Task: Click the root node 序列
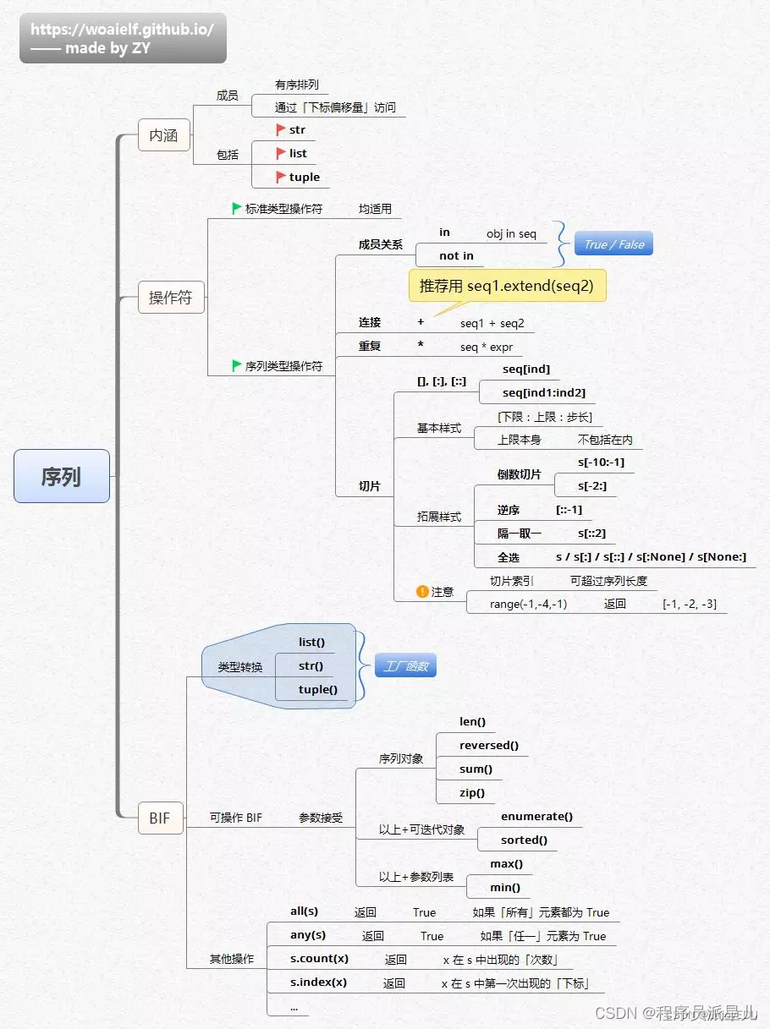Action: click(x=62, y=476)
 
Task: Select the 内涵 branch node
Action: click(x=164, y=135)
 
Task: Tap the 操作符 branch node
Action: click(x=171, y=298)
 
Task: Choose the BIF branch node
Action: click(x=160, y=818)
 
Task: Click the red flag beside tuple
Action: click(x=281, y=177)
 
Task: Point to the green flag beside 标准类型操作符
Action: click(x=237, y=208)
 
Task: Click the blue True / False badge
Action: click(x=613, y=244)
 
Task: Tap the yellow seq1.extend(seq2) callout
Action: click(x=507, y=286)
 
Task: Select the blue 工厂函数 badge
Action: click(x=405, y=666)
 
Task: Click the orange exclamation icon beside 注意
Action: click(x=422, y=592)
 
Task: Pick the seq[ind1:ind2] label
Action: click(x=544, y=392)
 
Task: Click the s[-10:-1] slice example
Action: click(x=601, y=462)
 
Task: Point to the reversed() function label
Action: click(x=489, y=745)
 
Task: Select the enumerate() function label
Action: click(x=536, y=816)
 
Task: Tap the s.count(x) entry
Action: click(x=319, y=958)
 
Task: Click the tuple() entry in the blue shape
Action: click(x=318, y=689)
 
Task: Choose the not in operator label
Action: click(x=456, y=255)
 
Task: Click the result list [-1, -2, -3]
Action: click(x=690, y=604)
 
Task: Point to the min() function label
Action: click(x=505, y=887)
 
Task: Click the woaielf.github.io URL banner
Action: click(x=123, y=38)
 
